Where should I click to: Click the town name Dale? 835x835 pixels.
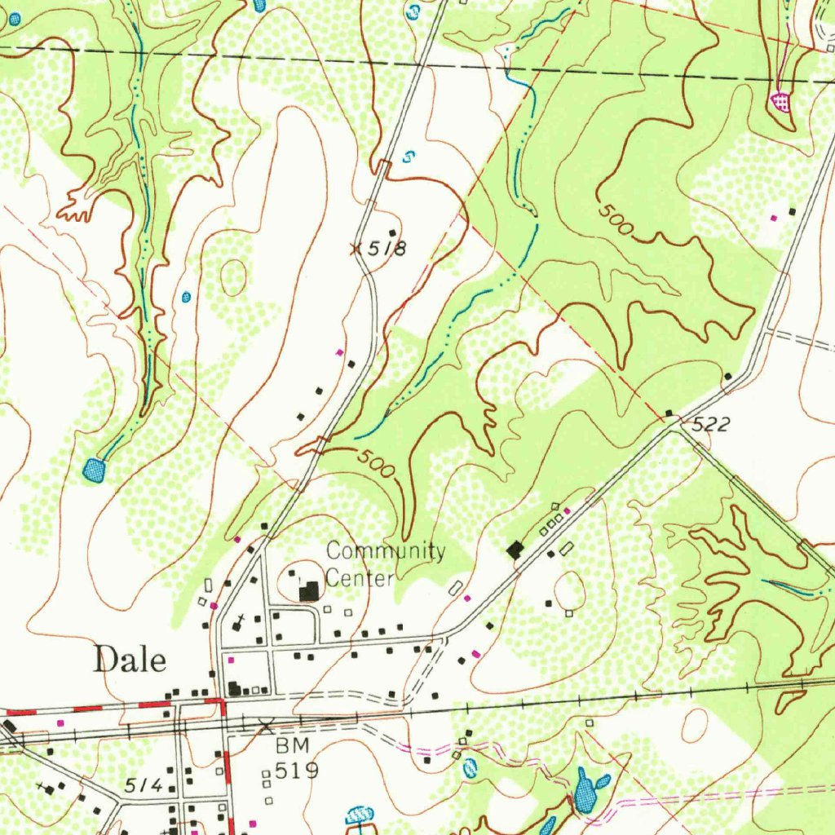130,659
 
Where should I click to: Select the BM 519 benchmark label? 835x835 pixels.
294,758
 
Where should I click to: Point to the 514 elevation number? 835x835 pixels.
144,784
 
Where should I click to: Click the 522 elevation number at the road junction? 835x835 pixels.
709,424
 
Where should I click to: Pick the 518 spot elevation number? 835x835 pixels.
386,250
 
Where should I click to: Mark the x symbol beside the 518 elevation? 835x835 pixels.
356,249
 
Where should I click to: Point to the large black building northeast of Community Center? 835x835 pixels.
515,550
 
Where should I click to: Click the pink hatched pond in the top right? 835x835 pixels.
781,102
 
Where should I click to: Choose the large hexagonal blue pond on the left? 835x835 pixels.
95,471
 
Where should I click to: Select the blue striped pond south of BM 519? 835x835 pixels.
359,814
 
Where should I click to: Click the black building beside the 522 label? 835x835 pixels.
669,413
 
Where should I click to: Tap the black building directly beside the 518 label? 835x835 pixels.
392,233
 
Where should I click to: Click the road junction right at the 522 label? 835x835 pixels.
673,429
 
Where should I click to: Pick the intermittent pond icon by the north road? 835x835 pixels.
409,156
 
